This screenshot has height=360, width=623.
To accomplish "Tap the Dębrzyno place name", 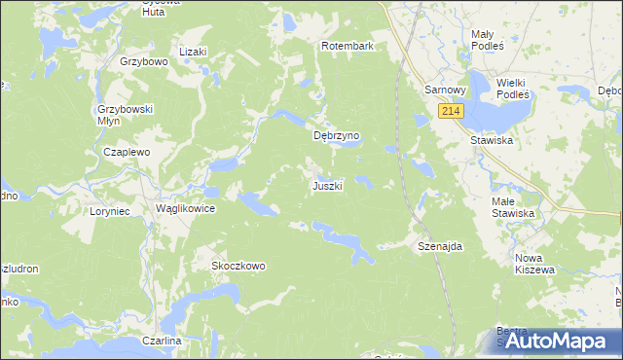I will coord(337,136).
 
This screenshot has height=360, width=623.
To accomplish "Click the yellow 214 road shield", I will coord(450,112).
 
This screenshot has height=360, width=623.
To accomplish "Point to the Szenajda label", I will coord(439,246).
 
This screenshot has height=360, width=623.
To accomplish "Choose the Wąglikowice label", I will coord(185,209).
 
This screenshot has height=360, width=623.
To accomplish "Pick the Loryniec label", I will coord(110,209).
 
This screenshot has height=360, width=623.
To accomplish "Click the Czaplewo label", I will coord(127,153).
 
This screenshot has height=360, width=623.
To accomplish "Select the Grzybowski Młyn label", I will coord(126,116).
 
